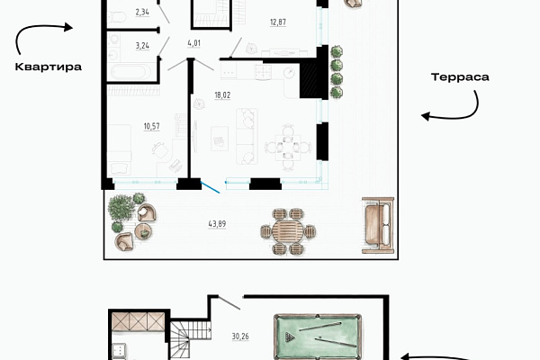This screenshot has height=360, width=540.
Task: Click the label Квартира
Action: (x=49, y=67)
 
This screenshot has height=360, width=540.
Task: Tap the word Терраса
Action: (x=460, y=76)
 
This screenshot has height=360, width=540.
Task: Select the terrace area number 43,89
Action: (x=217, y=224)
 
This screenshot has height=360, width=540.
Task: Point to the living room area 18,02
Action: (x=222, y=95)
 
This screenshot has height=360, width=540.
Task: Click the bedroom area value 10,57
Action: (x=151, y=126)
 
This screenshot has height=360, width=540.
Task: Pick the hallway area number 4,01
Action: (x=193, y=43)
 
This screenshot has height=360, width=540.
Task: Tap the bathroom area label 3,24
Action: (x=142, y=46)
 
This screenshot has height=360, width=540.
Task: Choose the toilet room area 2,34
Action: (x=142, y=13)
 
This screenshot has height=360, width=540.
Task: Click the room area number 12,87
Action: (x=278, y=22)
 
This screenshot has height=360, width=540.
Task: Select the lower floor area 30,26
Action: (x=240, y=337)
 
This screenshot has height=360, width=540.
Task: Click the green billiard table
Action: (x=318, y=337)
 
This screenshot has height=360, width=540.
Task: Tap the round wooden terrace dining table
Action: (x=288, y=231)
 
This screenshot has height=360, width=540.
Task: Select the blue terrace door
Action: (x=210, y=187)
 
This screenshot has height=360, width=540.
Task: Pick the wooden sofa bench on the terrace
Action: (x=378, y=225)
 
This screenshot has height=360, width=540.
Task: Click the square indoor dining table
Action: (x=288, y=148)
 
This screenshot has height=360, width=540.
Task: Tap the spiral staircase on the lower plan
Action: (x=190, y=340)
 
